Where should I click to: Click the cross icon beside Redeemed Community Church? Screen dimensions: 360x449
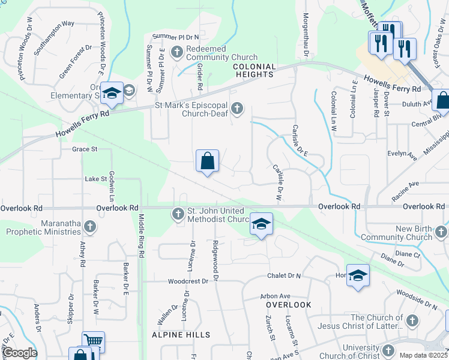(x=177, y=52)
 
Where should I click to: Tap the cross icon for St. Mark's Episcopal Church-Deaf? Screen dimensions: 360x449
(x=238, y=108)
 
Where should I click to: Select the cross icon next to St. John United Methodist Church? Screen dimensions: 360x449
(x=178, y=213)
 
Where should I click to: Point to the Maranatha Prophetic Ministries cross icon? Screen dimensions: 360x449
(x=90, y=226)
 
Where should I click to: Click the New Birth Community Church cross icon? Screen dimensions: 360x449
(x=442, y=231)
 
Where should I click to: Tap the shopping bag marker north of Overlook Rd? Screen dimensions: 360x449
(x=207, y=161)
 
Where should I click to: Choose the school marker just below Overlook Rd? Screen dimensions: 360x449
(x=261, y=224)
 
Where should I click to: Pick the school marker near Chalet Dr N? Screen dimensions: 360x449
(x=358, y=275)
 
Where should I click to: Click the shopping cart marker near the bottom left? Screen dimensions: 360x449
(x=93, y=341)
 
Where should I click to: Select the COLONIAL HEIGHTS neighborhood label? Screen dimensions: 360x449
(x=254, y=70)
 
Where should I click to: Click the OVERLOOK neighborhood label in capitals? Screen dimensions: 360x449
(x=289, y=305)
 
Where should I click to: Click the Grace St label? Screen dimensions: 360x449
(x=85, y=149)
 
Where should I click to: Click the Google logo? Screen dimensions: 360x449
(x=20, y=353)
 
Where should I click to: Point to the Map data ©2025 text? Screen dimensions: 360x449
(x=423, y=355)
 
